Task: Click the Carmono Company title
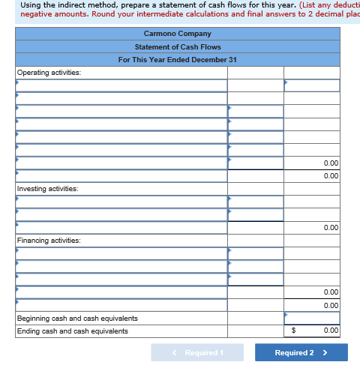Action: click(x=178, y=34)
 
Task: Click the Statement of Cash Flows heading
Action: click(x=178, y=46)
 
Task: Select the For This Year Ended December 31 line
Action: click(x=178, y=60)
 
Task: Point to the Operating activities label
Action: click(x=49, y=73)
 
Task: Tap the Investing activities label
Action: click(x=49, y=189)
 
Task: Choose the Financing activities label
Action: click(x=49, y=241)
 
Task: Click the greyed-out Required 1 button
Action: click(x=197, y=353)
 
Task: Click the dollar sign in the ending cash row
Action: click(x=294, y=331)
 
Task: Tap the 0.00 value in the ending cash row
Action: click(x=331, y=331)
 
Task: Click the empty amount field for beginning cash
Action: click(x=312, y=319)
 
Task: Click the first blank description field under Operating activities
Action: click(x=121, y=85)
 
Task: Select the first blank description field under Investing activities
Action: click(x=121, y=202)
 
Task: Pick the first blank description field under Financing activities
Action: click(x=121, y=253)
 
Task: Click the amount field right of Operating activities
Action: click(x=312, y=85)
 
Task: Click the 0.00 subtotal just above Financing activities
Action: click(x=331, y=227)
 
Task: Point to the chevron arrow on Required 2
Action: click(x=325, y=353)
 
